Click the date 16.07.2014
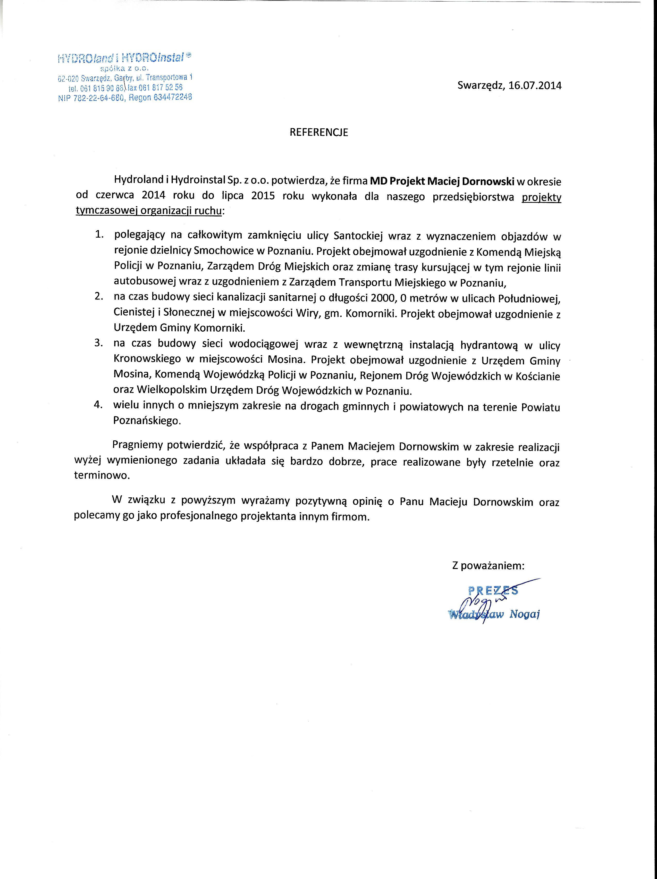(535, 86)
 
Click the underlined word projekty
(541, 197)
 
